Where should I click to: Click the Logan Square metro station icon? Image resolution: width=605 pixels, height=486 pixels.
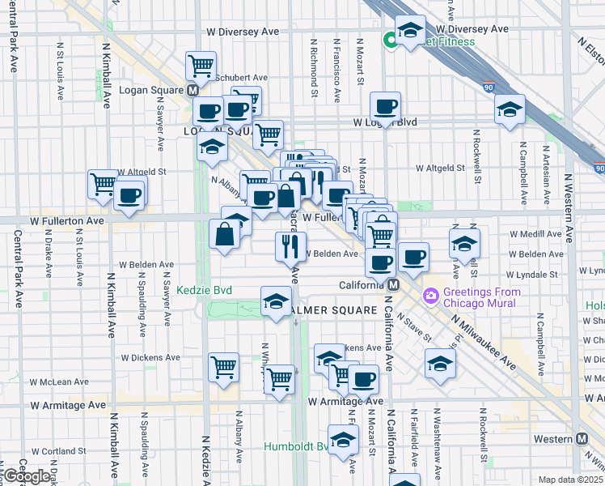pos(193,91)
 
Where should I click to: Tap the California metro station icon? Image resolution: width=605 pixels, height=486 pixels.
pos(392,284)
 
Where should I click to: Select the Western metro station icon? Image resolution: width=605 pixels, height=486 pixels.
pos(582,438)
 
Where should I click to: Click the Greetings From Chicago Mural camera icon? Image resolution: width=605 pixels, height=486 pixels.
pos(430,296)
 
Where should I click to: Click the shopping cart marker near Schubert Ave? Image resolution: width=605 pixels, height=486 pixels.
pos(201,65)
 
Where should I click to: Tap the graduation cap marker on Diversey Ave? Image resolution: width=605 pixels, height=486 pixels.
pos(410,31)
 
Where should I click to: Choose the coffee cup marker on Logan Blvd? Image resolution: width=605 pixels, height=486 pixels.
pos(385,105)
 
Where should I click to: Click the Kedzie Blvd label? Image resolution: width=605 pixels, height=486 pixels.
pos(205,289)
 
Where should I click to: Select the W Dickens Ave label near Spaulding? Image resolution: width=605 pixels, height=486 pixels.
pos(150,357)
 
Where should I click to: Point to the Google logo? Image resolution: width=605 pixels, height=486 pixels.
pos(26,476)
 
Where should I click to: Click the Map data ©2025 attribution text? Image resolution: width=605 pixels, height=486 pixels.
pos(571,480)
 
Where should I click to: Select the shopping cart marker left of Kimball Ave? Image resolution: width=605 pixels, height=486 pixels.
pos(103,183)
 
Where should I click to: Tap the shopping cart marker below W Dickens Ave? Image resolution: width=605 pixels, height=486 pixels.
pos(279,377)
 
